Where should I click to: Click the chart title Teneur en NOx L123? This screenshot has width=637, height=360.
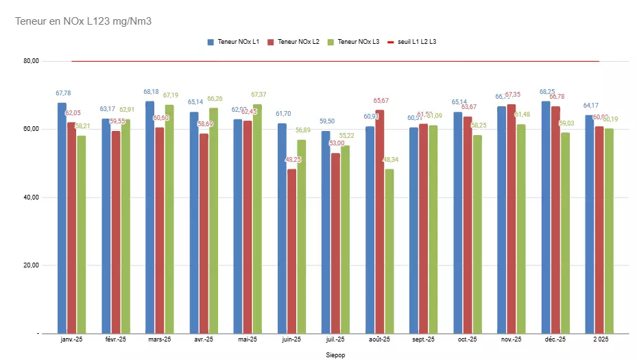click(83, 21)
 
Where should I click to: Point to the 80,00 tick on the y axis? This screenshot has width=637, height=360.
click(31, 61)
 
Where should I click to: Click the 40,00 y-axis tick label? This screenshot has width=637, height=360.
click(31, 197)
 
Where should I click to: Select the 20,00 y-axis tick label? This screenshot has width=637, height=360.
click(31, 265)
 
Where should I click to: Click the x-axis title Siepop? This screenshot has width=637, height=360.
click(336, 355)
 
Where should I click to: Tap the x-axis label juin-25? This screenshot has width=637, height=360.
click(291, 339)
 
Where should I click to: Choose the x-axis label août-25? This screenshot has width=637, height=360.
click(379, 339)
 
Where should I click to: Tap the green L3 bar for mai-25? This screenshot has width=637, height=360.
click(257, 219)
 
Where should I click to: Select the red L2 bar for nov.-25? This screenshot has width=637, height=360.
click(512, 219)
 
